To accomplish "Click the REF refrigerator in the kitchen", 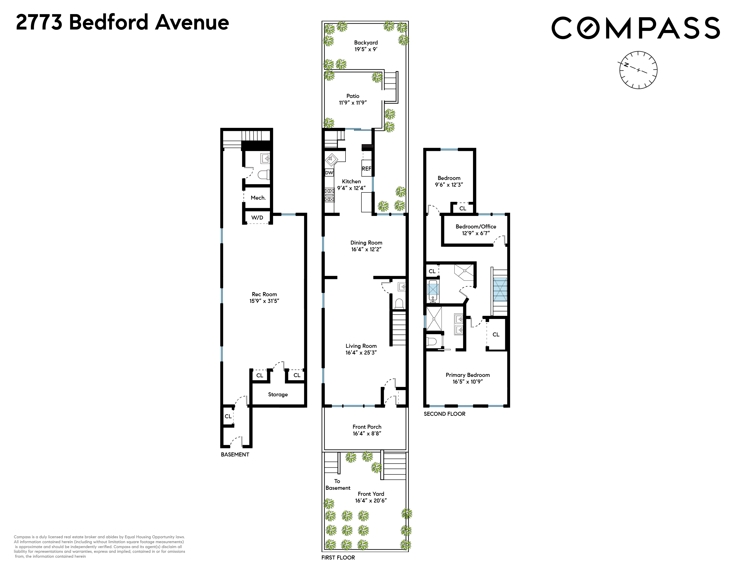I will [366, 169].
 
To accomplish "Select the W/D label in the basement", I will [257, 217].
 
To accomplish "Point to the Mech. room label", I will [258, 198].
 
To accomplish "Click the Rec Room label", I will [264, 294].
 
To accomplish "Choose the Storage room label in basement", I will [278, 394].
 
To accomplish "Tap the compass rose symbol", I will [638, 70].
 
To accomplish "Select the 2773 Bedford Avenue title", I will [122, 22].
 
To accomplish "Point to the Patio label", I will [353, 96].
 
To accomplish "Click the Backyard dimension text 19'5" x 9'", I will [366, 49].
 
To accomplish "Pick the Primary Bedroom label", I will [468, 375].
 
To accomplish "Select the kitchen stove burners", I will [329, 195].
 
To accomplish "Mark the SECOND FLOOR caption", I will [444, 414].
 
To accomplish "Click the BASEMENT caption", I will [235, 454].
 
